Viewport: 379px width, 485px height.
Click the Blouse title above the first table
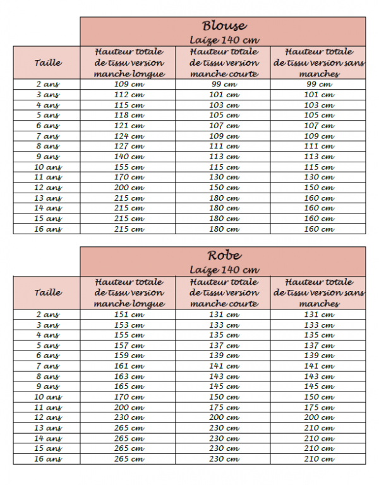224,26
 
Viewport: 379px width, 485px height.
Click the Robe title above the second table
224,256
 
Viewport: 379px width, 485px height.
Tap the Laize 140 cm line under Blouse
224,39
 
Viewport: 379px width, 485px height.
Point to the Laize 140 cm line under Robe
224,270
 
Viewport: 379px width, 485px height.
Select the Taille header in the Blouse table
48,63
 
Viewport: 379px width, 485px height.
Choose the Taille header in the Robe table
48,292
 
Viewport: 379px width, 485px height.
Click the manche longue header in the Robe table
129,292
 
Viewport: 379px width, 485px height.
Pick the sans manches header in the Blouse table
319,63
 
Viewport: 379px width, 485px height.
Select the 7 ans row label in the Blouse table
48,136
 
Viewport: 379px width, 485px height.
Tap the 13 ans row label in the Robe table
48,428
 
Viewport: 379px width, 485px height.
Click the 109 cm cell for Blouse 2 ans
129,84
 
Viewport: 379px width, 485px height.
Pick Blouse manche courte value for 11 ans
224,177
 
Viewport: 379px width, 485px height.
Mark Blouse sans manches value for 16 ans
319,229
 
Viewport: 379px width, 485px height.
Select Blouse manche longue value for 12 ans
129,188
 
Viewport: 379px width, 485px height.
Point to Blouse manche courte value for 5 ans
224,115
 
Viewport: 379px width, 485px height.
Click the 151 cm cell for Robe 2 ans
129,314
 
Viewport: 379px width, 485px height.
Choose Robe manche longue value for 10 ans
129,397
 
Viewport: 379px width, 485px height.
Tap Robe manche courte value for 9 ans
224,386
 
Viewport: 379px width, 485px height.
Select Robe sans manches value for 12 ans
319,417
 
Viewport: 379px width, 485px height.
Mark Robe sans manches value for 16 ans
319,458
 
